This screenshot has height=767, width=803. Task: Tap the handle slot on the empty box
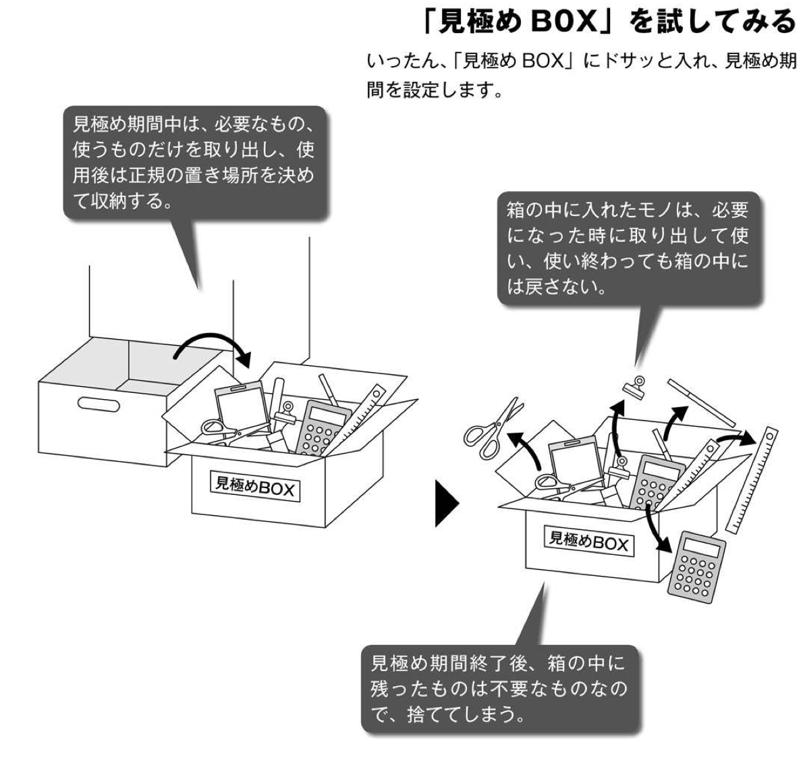99,404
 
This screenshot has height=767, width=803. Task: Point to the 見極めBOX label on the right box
588,540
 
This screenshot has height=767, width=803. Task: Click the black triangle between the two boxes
446,502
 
